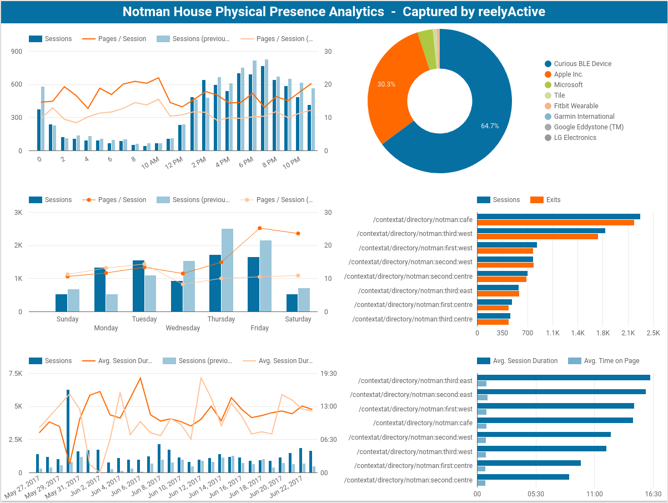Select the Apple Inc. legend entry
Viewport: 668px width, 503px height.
click(x=569, y=74)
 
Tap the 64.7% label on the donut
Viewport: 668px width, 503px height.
click(x=490, y=126)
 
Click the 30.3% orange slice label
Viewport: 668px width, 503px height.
click(x=386, y=84)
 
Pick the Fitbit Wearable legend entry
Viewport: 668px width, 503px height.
click(x=576, y=106)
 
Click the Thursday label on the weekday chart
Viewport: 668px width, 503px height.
click(x=221, y=319)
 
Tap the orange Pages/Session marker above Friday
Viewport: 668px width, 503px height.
click(x=259, y=228)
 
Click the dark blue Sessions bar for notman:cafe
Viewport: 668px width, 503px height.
click(x=558, y=217)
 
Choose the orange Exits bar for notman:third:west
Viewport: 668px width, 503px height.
click(x=537, y=237)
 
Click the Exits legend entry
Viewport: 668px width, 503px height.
click(x=553, y=200)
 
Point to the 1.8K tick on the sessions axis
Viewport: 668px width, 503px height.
click(x=602, y=333)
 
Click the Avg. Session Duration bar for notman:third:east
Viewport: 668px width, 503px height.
click(x=563, y=378)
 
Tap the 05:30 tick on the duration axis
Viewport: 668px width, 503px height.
click(x=535, y=494)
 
